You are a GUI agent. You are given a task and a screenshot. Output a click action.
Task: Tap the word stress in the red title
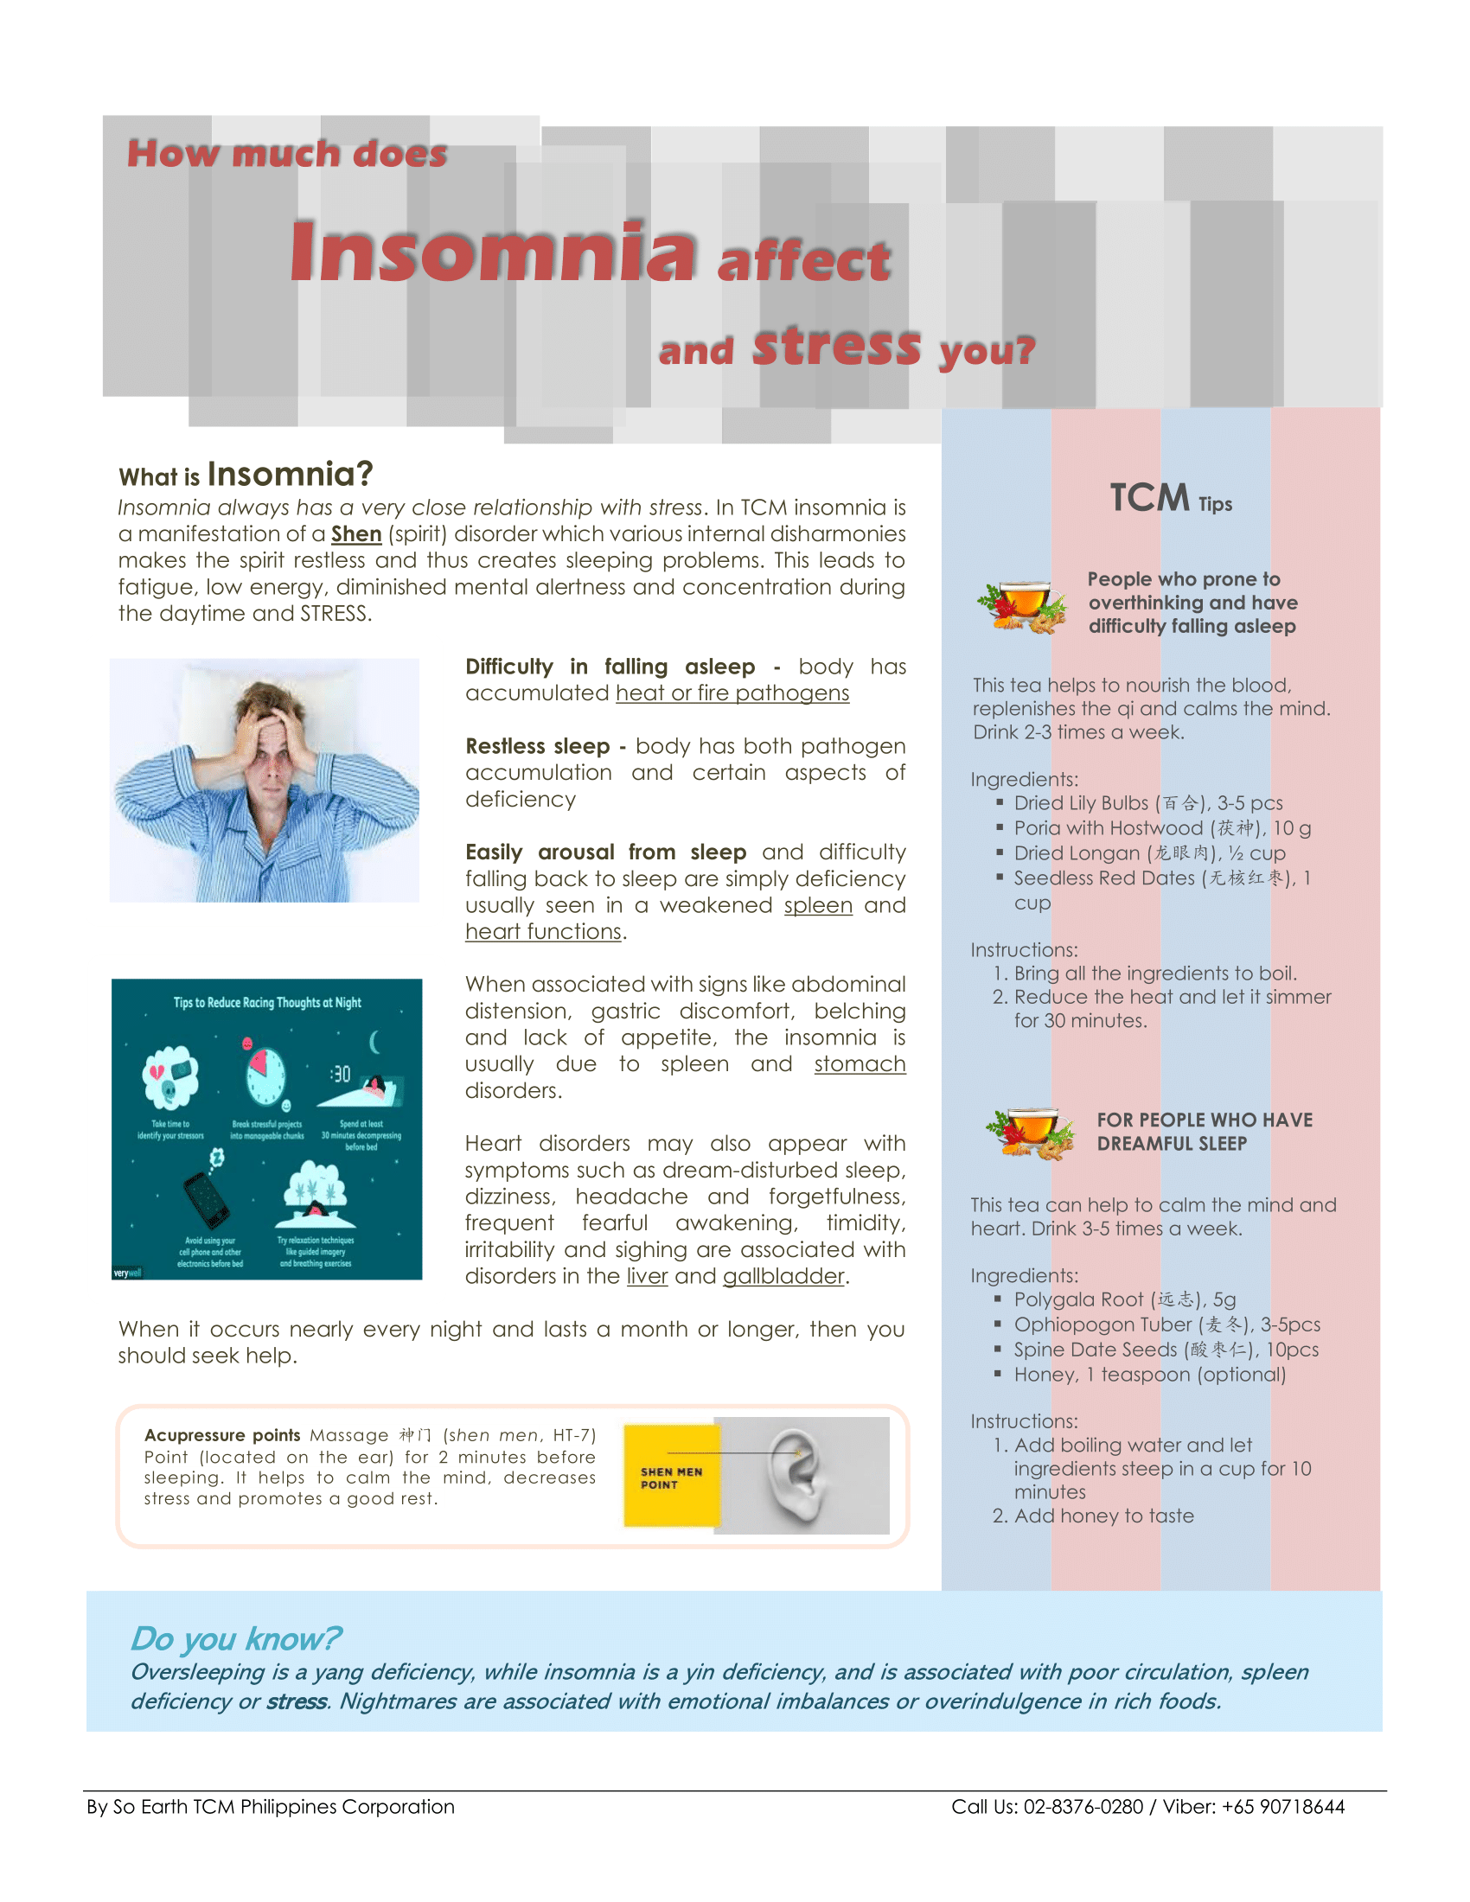pos(836,346)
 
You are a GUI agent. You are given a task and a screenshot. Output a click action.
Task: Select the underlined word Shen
pos(356,533)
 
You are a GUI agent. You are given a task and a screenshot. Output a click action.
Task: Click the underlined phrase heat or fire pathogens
pos(732,693)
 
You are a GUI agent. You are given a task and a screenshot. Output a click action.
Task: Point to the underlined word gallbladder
pos(783,1276)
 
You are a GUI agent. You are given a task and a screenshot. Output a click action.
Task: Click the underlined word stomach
pos(860,1064)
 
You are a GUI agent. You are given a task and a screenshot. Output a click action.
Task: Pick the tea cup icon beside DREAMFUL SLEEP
pos(1031,1133)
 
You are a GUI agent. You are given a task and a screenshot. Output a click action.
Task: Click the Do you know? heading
pos(235,1638)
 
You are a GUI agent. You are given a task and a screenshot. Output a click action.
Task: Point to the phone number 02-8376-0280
pos(1083,1807)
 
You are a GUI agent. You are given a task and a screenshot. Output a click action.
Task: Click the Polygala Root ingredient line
pos(1124,1299)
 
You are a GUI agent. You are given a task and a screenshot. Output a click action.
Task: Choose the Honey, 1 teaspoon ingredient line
pos(1148,1375)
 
